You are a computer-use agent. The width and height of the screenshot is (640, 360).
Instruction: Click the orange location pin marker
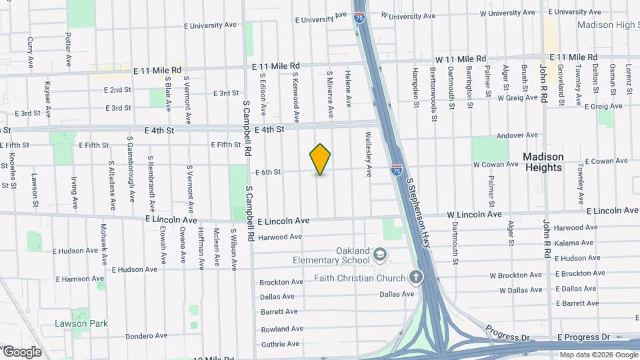click(320, 159)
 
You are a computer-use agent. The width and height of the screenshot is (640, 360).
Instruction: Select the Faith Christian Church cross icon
click(416, 277)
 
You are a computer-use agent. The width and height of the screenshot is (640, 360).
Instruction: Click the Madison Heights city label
click(543, 162)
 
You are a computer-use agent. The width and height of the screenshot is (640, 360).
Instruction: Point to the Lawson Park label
click(81, 324)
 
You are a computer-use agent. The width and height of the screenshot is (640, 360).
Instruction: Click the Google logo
click(22, 351)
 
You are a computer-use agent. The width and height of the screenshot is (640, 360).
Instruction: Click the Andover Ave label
click(517, 135)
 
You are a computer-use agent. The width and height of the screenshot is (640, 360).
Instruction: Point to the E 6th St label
click(267, 172)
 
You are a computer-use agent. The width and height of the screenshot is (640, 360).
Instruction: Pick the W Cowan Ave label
click(495, 164)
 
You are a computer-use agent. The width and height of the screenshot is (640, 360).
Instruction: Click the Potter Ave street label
click(68, 51)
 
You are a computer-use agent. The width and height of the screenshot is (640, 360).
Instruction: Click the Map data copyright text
click(598, 355)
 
